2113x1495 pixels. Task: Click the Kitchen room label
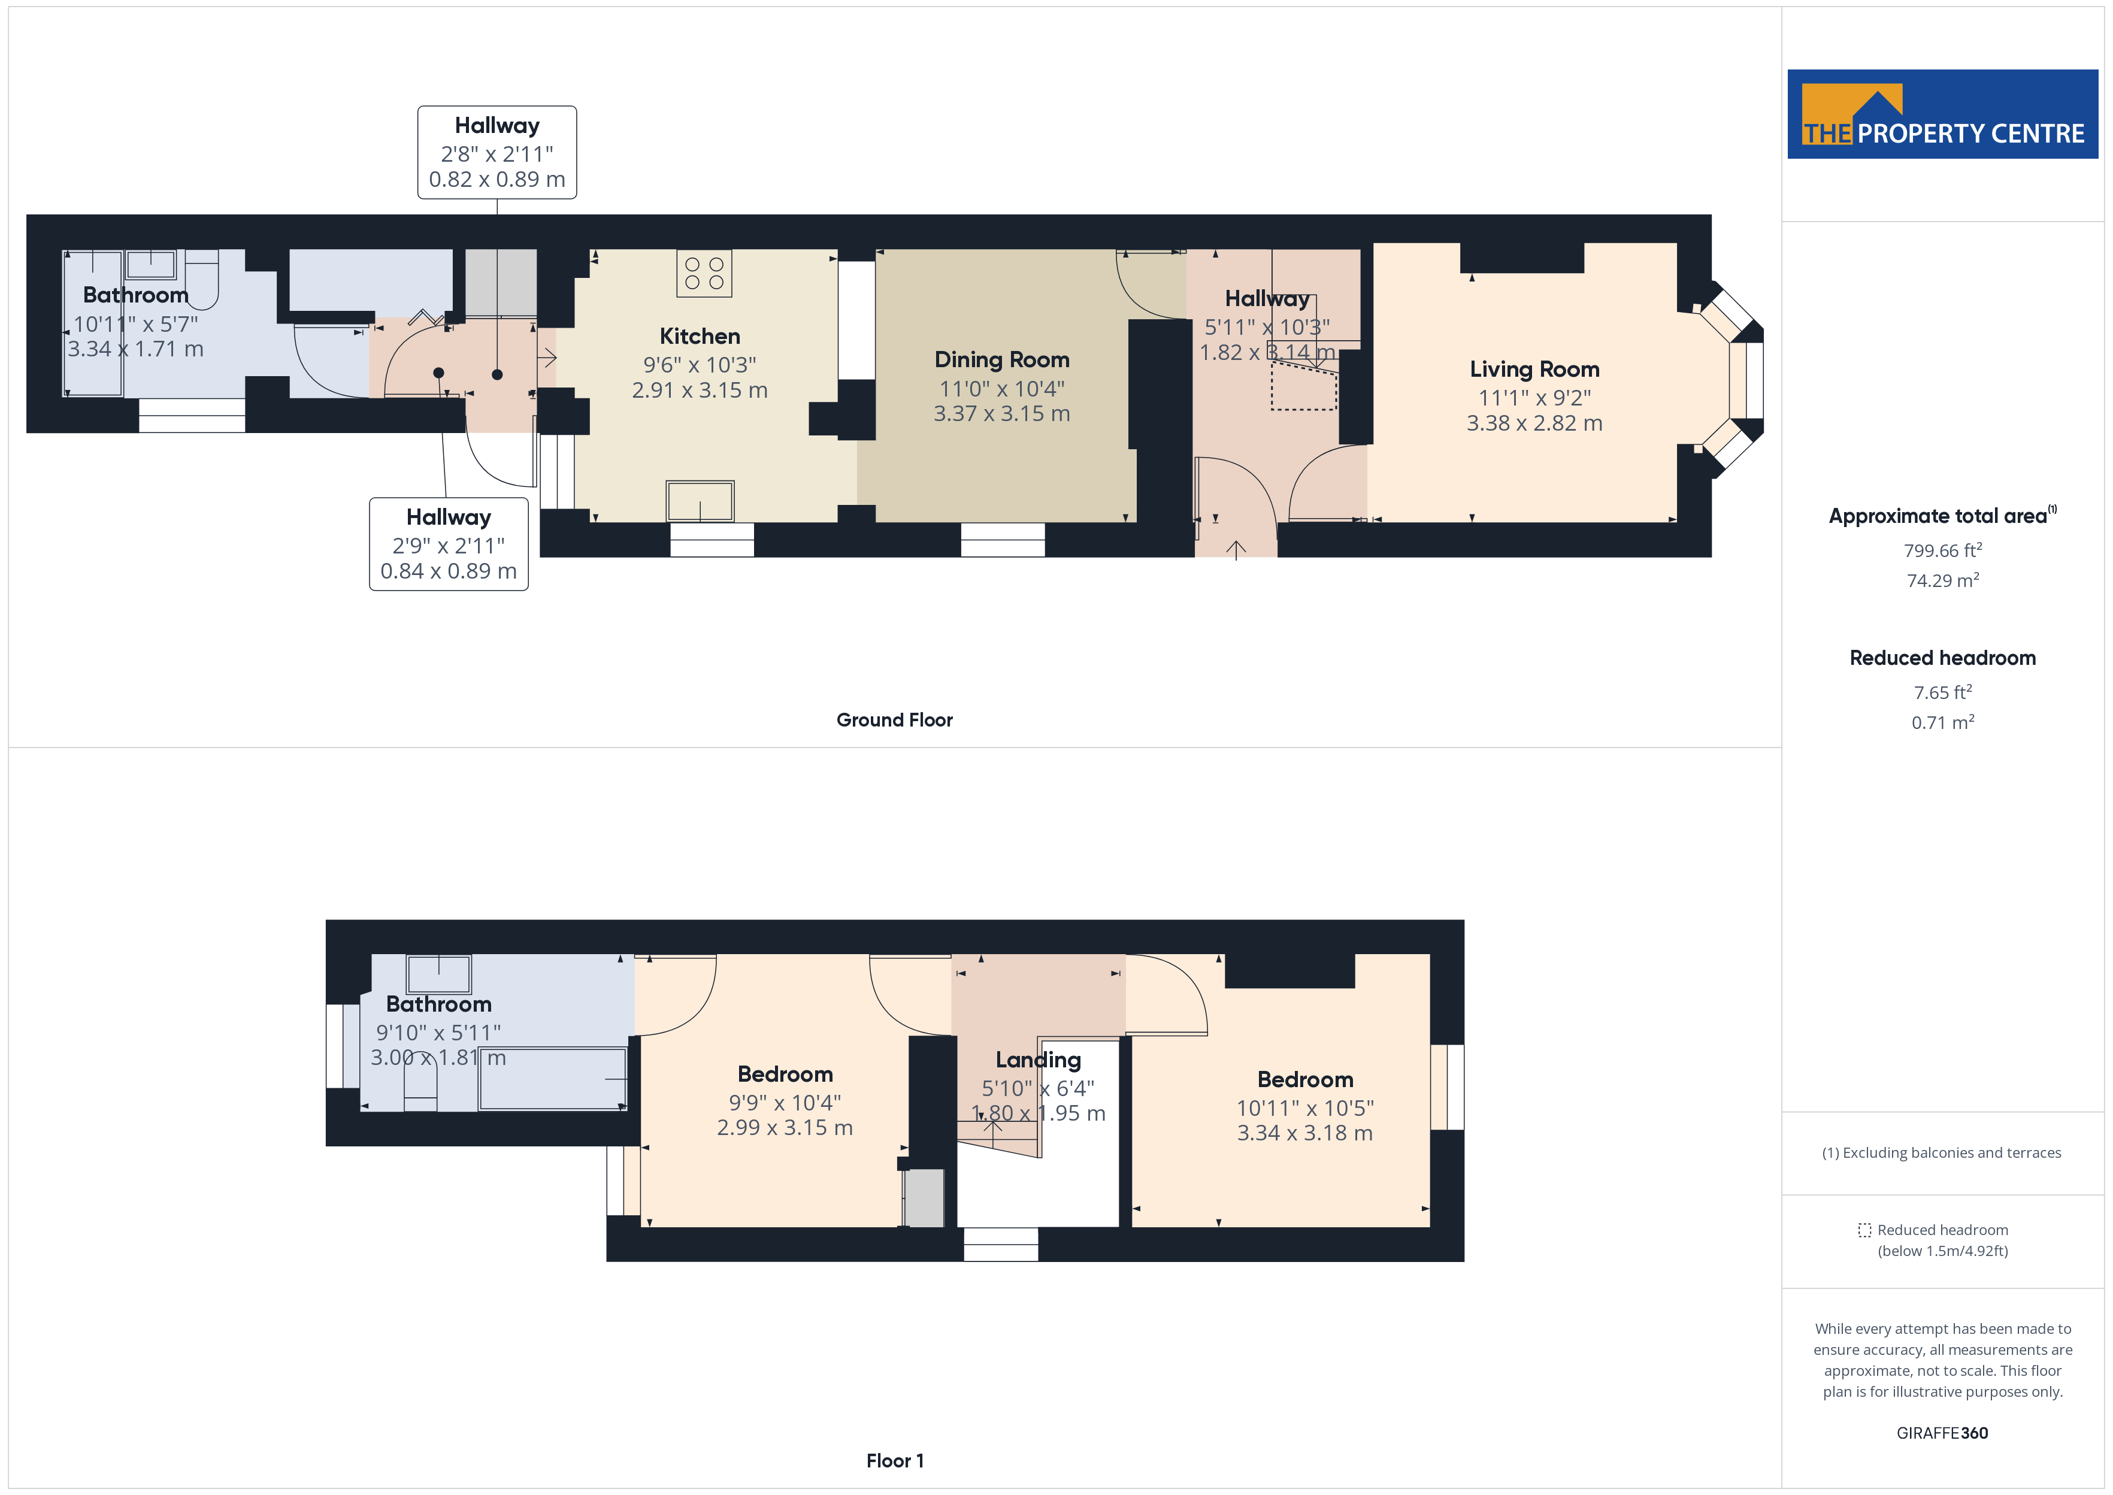tap(700, 336)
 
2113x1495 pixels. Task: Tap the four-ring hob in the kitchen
tap(704, 273)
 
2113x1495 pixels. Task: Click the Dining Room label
tap(1001, 359)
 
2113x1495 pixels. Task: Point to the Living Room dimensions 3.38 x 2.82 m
tap(1534, 423)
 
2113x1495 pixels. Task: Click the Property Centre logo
tap(1942, 114)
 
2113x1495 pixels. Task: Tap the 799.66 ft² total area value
tap(1942, 550)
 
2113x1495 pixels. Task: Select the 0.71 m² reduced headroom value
tap(1942, 723)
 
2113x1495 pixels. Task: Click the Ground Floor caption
tap(894, 720)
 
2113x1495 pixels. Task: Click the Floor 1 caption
tap(894, 1460)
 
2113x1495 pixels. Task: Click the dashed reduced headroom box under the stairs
tap(1303, 387)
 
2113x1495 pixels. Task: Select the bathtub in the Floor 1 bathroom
tap(552, 1079)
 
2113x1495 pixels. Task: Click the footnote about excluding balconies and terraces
tap(1942, 1152)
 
